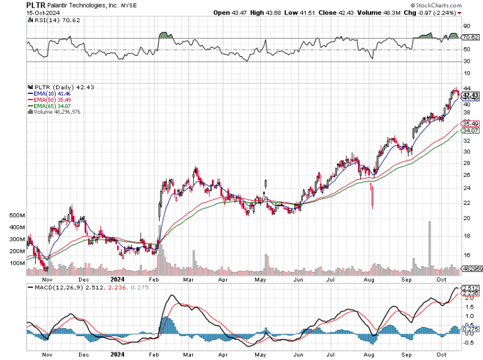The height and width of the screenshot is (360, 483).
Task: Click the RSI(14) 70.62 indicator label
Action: [50, 20]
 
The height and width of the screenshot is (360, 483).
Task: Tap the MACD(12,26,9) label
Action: [51, 289]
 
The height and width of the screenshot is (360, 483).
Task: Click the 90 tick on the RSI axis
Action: [466, 26]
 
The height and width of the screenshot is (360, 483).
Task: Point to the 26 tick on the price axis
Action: [466, 175]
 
